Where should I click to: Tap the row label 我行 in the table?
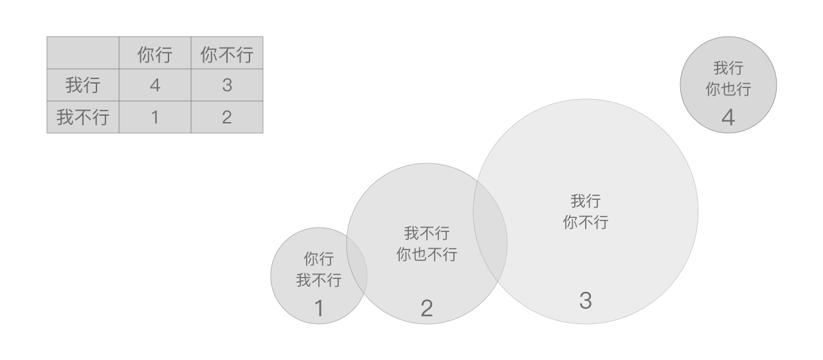point(83,85)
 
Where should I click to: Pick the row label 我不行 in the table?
point(83,118)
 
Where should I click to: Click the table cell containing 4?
point(155,85)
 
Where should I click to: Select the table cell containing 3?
point(227,85)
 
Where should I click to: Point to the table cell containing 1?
point(155,118)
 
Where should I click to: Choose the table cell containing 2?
point(227,118)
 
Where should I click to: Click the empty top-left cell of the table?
point(83,52)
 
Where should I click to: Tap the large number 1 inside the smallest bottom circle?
point(319,309)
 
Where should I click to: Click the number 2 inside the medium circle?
point(427,309)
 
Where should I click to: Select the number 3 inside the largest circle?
point(585,300)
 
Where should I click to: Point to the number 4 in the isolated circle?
point(728,118)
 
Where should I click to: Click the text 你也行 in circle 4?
point(728,89)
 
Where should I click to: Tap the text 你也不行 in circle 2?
point(427,255)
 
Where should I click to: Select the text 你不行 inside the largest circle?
point(585,222)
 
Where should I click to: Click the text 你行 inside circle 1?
point(319,260)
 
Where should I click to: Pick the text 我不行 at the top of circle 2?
point(427,233)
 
